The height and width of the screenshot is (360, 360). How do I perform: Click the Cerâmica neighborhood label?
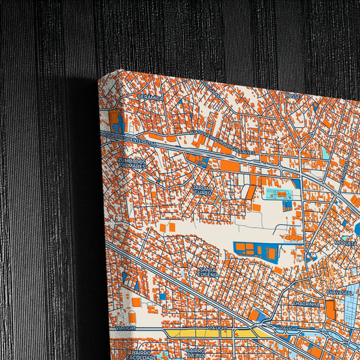point(151,97)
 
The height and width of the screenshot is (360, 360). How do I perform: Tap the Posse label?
point(293,96)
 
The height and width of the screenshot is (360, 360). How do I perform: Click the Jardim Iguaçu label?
point(202,190)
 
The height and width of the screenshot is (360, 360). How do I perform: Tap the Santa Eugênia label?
point(207,272)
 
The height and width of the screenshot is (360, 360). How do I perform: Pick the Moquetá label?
point(344,241)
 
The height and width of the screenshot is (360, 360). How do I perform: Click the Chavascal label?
point(339,292)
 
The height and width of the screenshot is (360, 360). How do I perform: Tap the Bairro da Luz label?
point(196,354)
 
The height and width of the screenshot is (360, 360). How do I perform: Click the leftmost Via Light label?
point(126,328)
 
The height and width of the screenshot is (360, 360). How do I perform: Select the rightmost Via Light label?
point(288,328)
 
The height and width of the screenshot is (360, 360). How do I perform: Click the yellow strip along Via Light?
point(196,333)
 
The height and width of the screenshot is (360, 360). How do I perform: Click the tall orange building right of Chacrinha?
point(330,309)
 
